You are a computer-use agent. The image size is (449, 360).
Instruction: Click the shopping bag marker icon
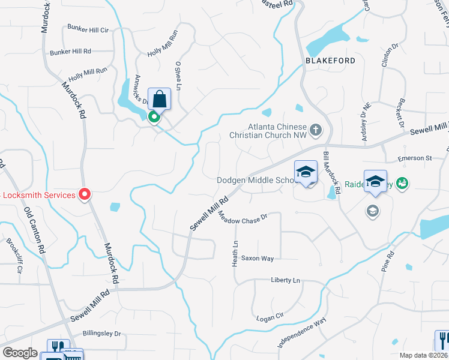click(159, 98)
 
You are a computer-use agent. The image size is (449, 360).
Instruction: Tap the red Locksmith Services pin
click(85, 194)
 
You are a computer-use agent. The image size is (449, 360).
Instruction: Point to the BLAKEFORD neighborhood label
click(330, 61)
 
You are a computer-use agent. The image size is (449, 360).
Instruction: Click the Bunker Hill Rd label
click(70, 52)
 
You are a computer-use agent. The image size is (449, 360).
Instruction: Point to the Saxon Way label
click(257, 259)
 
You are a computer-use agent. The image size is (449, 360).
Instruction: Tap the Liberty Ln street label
click(285, 280)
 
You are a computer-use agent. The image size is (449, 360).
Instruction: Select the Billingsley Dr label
click(101, 334)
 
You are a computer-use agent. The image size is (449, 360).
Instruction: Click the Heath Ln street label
click(235, 254)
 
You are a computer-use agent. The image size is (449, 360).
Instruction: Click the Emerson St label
click(415, 158)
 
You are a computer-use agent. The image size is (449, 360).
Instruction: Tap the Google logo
click(20, 353)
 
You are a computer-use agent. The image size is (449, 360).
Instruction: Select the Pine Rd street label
click(388, 262)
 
